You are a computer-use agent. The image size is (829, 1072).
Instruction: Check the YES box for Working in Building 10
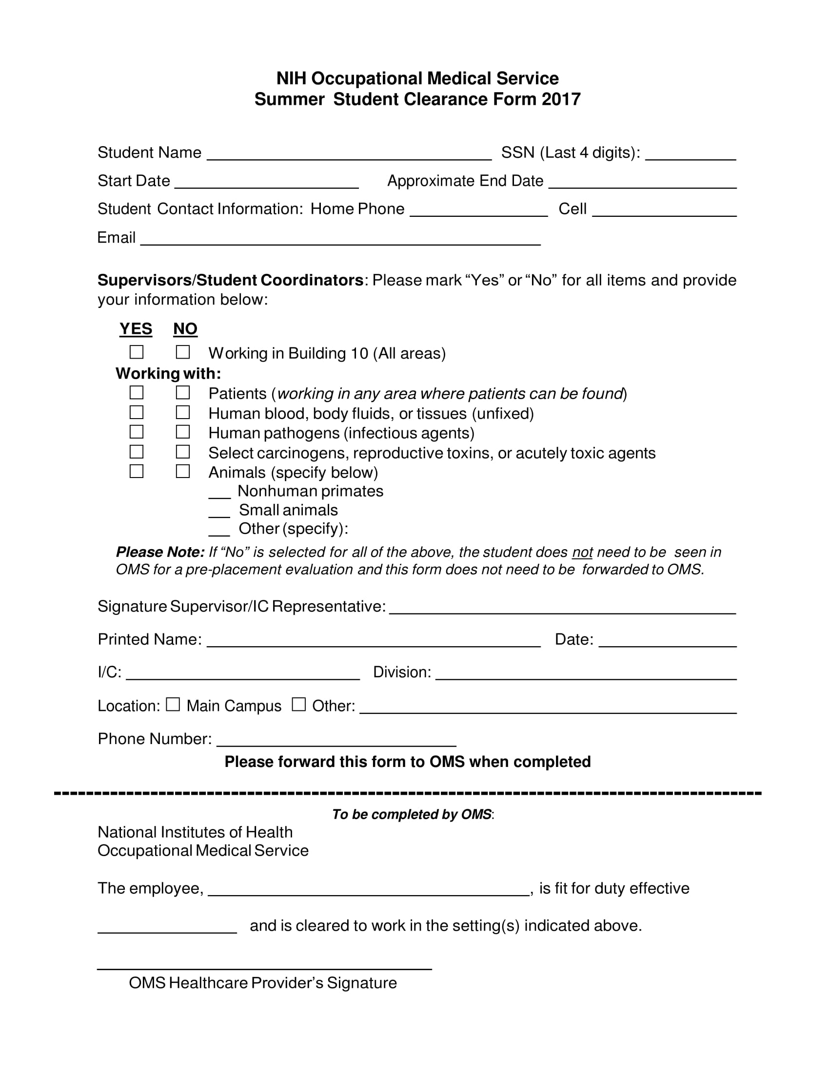click(x=137, y=352)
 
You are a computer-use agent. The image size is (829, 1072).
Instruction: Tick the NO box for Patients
click(x=183, y=393)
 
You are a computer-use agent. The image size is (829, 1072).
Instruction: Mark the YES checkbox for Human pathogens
click(x=137, y=432)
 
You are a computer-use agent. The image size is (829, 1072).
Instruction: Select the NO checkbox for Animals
click(x=183, y=471)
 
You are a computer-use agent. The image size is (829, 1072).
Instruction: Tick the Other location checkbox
click(x=298, y=705)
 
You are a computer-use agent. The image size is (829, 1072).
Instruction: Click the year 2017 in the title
click(x=561, y=99)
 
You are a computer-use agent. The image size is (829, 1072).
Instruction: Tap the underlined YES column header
click(x=136, y=329)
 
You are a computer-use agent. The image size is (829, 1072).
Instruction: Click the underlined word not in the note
click(x=582, y=553)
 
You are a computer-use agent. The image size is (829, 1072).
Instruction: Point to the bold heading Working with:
click(x=168, y=374)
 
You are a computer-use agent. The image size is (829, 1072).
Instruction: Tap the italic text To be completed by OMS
click(x=412, y=814)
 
